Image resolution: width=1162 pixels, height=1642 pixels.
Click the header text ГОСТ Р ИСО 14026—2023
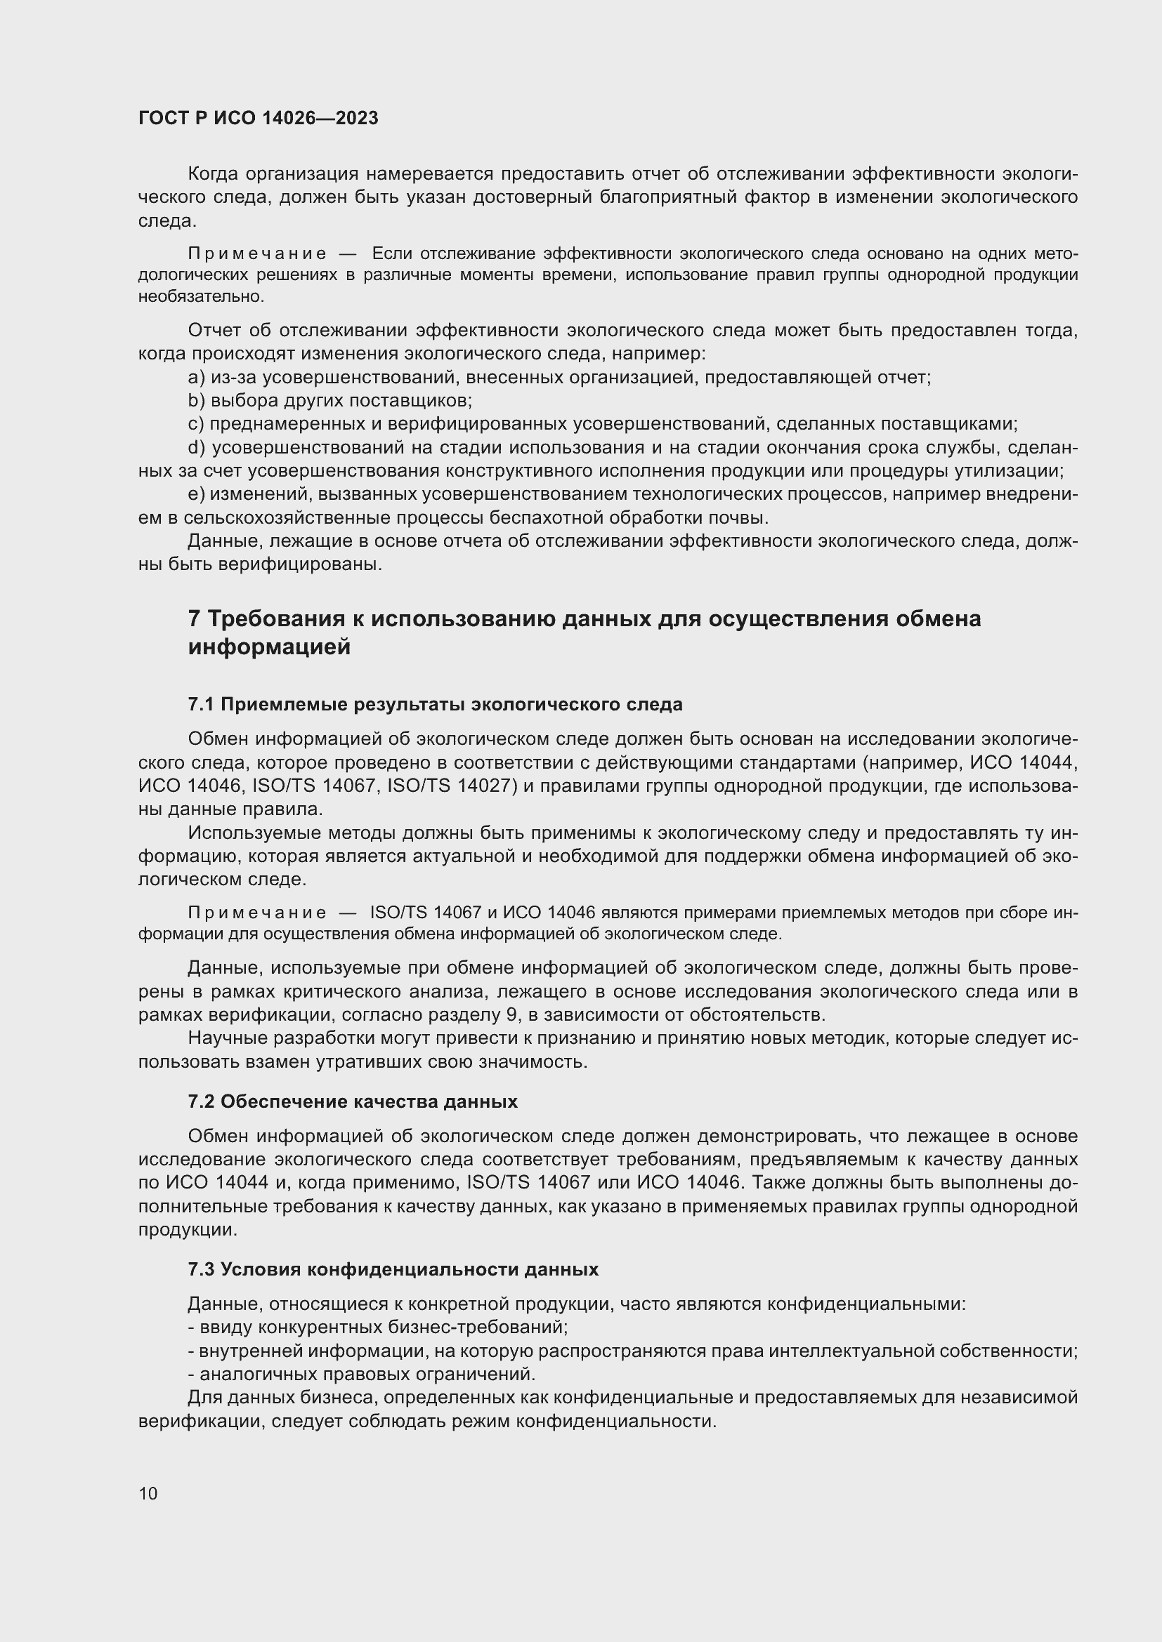coord(258,119)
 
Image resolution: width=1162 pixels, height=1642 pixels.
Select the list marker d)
coord(197,448)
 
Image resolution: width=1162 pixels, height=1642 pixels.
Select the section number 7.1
coord(201,704)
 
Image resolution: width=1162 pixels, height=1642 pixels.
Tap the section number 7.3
coord(201,1269)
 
